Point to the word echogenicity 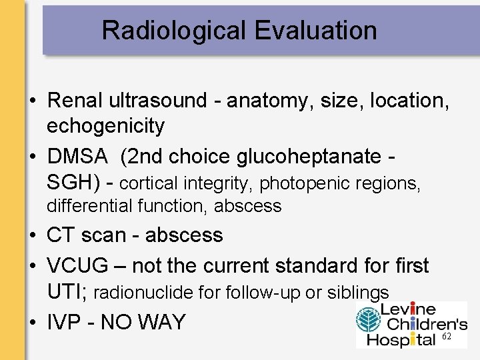105,125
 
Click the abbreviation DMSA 77,156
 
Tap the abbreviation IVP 64,323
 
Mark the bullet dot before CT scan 32,236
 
